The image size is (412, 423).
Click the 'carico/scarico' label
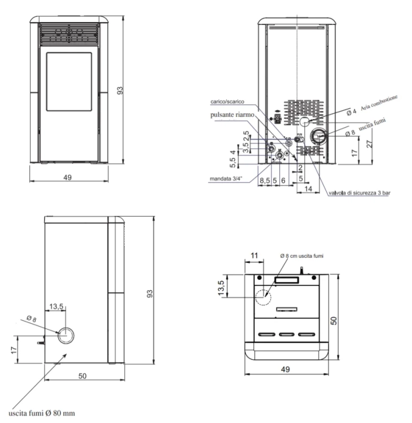point(227,102)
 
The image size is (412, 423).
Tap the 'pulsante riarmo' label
point(232,114)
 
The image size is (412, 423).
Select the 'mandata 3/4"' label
point(226,179)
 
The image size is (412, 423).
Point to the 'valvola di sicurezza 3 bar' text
point(360,193)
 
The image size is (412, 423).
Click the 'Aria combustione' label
point(379,103)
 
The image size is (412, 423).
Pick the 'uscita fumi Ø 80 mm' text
point(42,413)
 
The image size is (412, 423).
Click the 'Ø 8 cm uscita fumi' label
point(301,255)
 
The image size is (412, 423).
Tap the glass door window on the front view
point(69,82)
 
